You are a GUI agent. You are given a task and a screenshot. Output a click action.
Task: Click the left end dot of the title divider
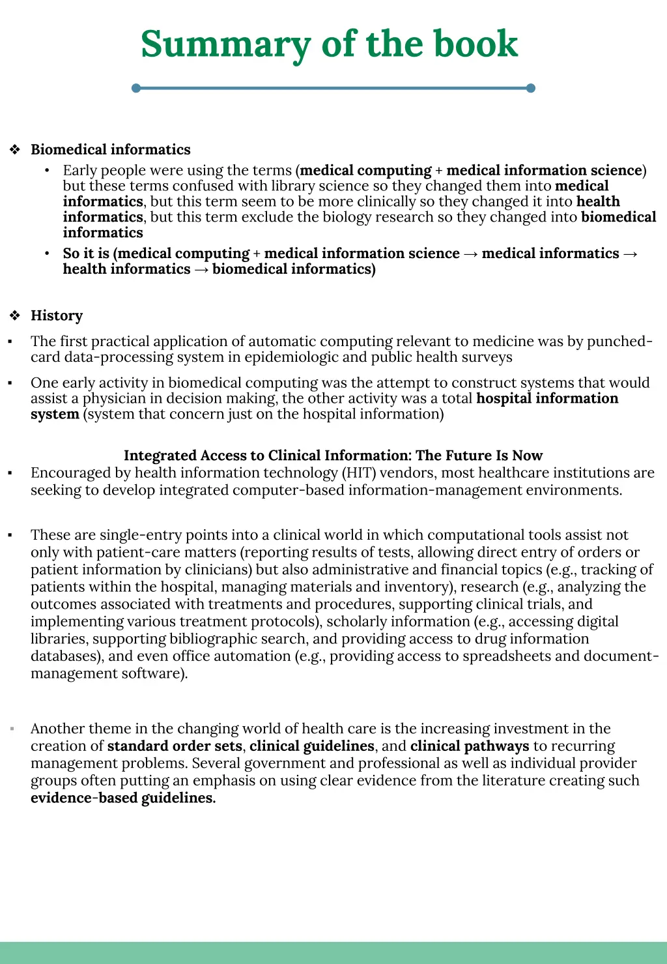[x=136, y=88]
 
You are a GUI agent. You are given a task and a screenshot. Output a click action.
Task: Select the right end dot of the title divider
[x=530, y=88]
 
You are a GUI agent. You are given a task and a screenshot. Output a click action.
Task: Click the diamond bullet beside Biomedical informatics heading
[x=15, y=150]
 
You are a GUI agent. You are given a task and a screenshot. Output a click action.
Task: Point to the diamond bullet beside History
[x=15, y=316]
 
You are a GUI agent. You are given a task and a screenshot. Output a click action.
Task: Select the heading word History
[x=57, y=316]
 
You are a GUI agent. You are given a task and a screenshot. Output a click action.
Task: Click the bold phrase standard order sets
[x=175, y=746]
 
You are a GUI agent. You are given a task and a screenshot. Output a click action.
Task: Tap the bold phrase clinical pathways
[x=470, y=746]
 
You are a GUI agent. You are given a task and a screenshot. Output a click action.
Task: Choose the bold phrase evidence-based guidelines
[x=122, y=798]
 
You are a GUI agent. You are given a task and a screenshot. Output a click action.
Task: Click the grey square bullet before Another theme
[x=12, y=728]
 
